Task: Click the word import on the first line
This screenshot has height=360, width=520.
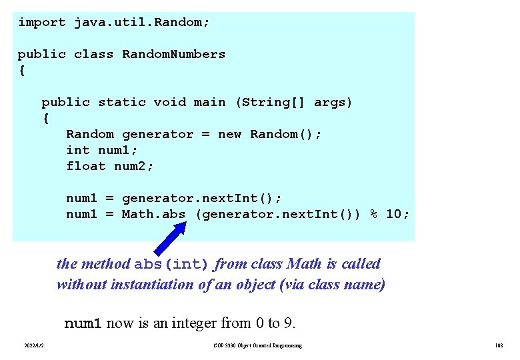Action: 41,22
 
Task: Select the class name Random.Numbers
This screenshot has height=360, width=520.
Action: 173,54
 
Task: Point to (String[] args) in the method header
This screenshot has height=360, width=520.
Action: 293,102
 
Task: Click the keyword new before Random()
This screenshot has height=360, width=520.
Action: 229,134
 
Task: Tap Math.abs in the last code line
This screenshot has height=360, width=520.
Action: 153,214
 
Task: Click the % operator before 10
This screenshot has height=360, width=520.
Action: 375,214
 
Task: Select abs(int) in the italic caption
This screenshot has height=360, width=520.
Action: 172,264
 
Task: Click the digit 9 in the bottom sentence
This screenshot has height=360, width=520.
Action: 288,324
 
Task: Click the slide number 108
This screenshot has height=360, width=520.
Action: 499,345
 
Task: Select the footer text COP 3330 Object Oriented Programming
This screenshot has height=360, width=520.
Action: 257,345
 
